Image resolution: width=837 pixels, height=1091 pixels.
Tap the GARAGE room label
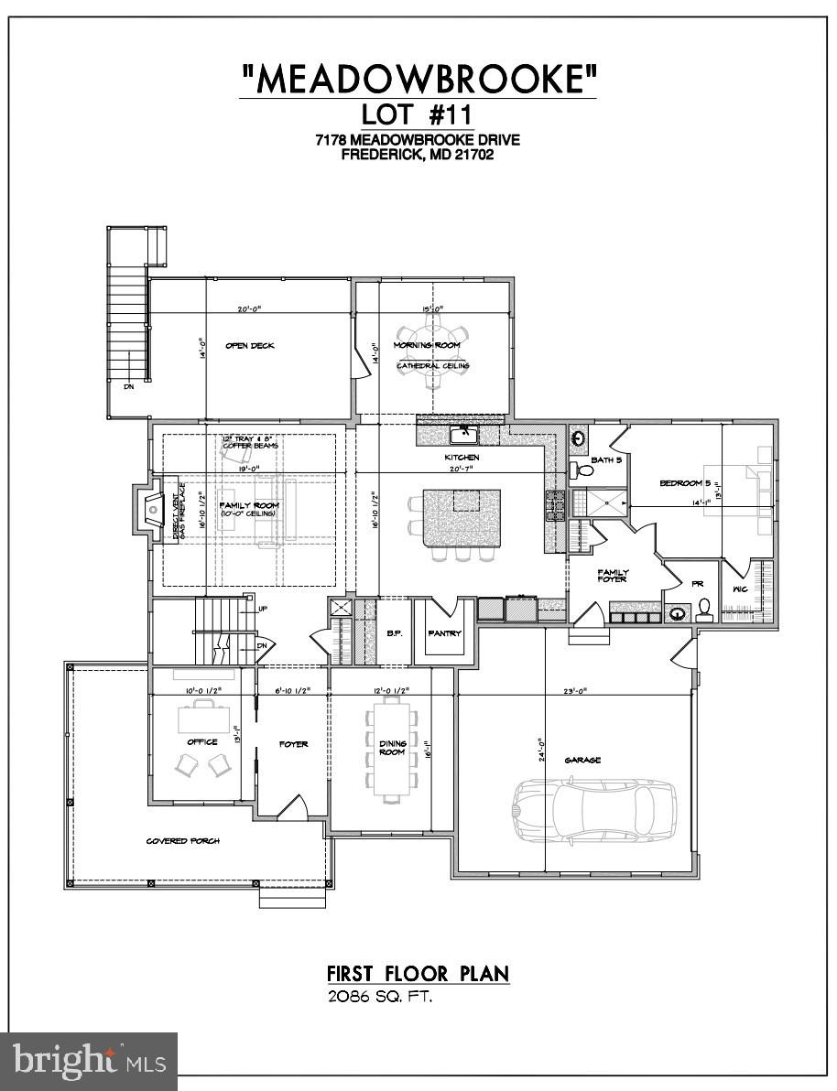582,760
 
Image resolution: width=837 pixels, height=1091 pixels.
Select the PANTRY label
444,633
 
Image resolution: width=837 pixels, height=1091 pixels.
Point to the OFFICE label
202,741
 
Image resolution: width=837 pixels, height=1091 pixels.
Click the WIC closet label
740,589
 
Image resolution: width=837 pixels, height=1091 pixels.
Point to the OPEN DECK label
250,345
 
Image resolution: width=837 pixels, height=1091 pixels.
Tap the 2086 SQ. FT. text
379,997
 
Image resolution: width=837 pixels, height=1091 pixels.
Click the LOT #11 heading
418,115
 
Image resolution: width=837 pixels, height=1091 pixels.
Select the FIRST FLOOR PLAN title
418,973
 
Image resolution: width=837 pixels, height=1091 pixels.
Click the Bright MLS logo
89,1062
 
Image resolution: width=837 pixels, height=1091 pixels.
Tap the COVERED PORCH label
183,840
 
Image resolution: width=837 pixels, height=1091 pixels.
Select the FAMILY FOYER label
614,576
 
